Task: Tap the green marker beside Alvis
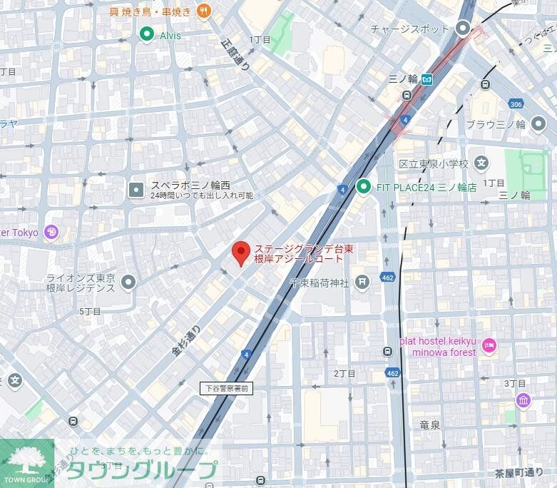[x=147, y=34]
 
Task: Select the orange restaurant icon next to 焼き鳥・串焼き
[x=204, y=10]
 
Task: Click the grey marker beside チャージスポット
[x=463, y=29]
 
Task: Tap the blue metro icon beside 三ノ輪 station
[x=426, y=79]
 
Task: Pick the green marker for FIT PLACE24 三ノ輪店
[x=364, y=187]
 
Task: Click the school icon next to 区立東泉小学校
[x=481, y=163]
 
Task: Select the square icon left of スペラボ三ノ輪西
[x=136, y=189]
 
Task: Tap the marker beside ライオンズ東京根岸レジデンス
[x=128, y=283]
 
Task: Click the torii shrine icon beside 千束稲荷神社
[x=364, y=283]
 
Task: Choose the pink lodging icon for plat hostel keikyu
[x=489, y=346]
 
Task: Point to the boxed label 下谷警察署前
[x=226, y=388]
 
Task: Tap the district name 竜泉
[x=430, y=425]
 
